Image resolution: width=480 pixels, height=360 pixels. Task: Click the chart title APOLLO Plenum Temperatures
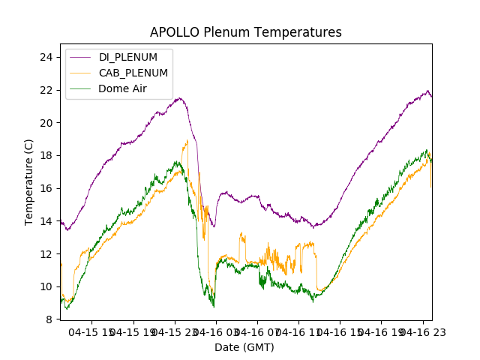click(245, 32)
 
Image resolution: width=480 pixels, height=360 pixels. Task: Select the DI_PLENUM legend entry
click(127, 57)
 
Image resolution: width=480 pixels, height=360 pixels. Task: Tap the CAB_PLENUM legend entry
click(133, 73)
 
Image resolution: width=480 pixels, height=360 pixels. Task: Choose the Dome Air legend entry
click(122, 88)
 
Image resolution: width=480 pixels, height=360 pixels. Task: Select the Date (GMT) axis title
click(244, 347)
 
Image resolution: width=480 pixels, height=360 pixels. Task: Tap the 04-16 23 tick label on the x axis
click(421, 331)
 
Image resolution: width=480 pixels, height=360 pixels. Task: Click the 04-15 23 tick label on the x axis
click(174, 331)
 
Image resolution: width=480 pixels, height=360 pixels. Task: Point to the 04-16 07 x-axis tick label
click(256, 331)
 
